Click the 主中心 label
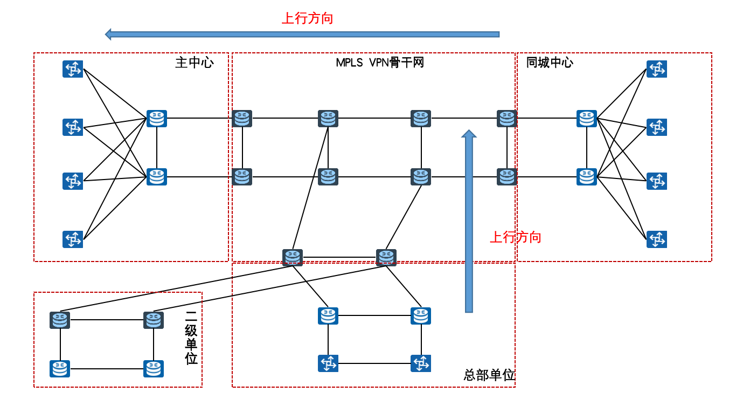pyautogui.click(x=195, y=63)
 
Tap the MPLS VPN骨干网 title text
pyautogui.click(x=380, y=63)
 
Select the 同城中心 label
pyautogui.click(x=550, y=63)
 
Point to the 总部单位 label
pyautogui.click(x=489, y=375)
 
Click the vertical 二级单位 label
pyautogui.click(x=191, y=338)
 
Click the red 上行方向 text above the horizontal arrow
pyautogui.click(x=308, y=18)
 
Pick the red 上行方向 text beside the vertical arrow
pyautogui.click(x=515, y=237)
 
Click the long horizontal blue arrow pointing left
pyautogui.click(x=302, y=35)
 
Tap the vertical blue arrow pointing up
pyautogui.click(x=469, y=221)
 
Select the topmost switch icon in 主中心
pyautogui.click(x=73, y=69)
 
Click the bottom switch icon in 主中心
pyautogui.click(x=73, y=239)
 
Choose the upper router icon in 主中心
pyautogui.click(x=157, y=119)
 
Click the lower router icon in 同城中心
pyautogui.click(x=587, y=177)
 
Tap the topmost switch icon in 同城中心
pyautogui.click(x=657, y=69)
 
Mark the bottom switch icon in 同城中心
pyautogui.click(x=657, y=239)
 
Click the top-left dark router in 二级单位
pyautogui.click(x=60, y=320)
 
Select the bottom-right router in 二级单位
pyautogui.click(x=154, y=369)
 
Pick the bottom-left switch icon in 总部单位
pyautogui.click(x=328, y=363)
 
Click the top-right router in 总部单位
pyautogui.click(x=421, y=316)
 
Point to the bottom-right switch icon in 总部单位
pyautogui.click(x=421, y=363)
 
